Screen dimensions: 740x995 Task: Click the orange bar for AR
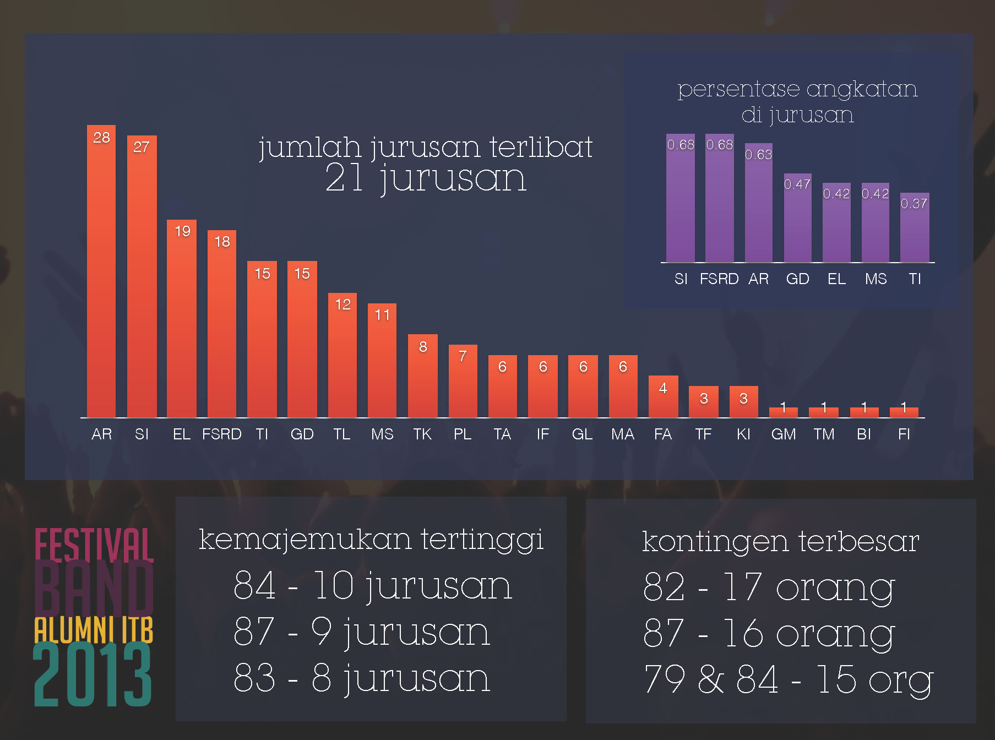click(x=101, y=275)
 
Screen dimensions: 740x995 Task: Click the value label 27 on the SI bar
click(x=142, y=147)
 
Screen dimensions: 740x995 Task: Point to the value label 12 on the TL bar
click(x=342, y=304)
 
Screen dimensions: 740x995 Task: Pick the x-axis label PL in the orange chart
click(x=463, y=434)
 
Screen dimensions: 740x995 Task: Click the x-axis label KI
click(x=743, y=434)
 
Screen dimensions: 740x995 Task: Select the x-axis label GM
click(x=784, y=434)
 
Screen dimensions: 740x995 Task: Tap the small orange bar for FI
click(x=904, y=412)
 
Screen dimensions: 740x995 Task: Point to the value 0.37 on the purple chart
click(x=914, y=204)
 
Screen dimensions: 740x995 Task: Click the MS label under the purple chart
click(x=876, y=279)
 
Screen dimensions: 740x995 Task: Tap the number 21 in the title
click(x=344, y=178)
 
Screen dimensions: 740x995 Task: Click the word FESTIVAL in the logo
click(x=94, y=545)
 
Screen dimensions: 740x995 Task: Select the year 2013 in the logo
click(x=93, y=676)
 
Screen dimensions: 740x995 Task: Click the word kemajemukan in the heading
click(x=305, y=540)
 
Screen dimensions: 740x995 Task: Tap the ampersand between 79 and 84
click(x=711, y=679)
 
